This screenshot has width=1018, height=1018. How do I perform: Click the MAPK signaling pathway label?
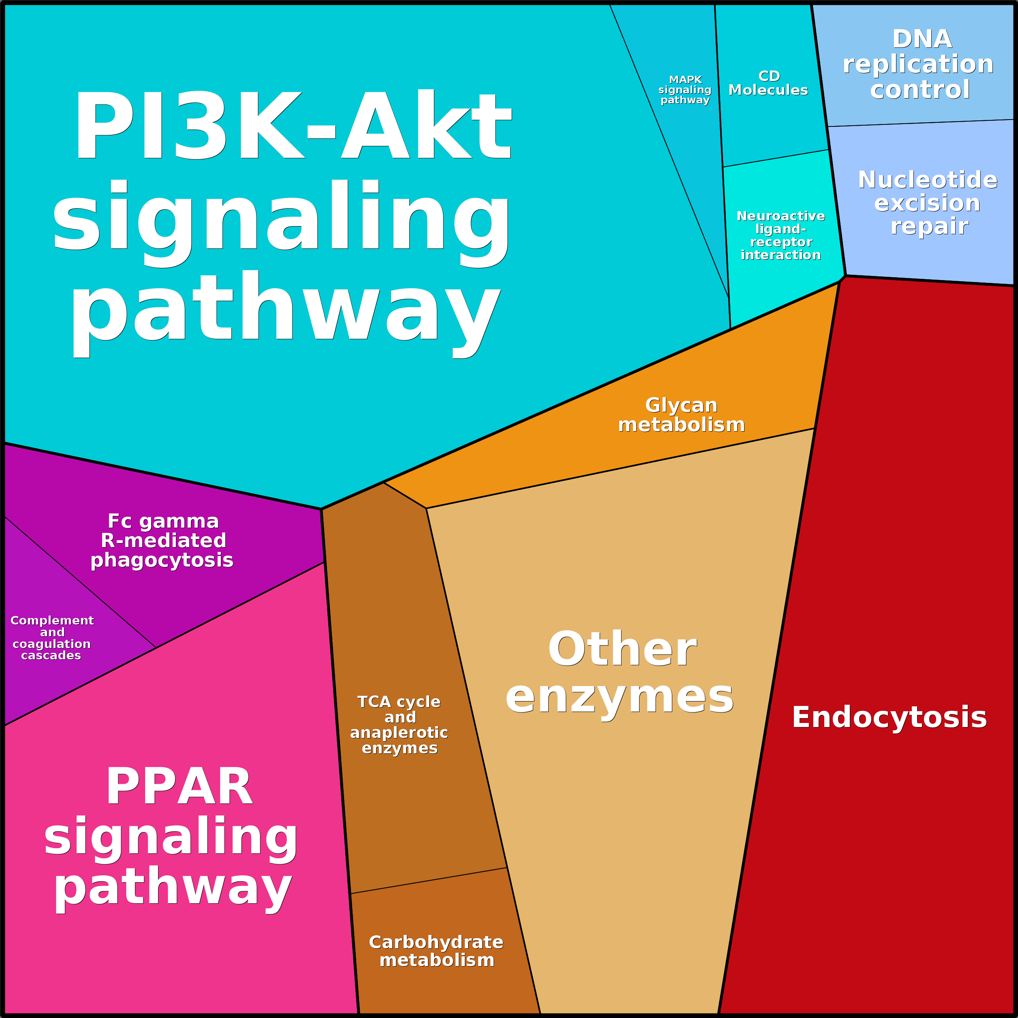[x=685, y=90]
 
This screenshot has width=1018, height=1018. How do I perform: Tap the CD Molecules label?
[x=768, y=83]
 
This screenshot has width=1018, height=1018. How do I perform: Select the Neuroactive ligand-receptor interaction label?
[x=781, y=235]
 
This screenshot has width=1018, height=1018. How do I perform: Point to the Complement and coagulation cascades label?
[x=51, y=637]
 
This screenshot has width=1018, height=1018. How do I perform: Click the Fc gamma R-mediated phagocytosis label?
[x=162, y=541]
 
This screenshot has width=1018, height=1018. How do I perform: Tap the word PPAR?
[x=179, y=786]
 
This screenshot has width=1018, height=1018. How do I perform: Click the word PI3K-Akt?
[x=293, y=125]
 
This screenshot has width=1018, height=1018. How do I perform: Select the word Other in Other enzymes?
[x=622, y=649]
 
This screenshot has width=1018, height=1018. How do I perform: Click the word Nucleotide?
[x=928, y=180]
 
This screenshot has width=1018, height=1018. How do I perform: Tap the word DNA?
[x=922, y=38]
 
